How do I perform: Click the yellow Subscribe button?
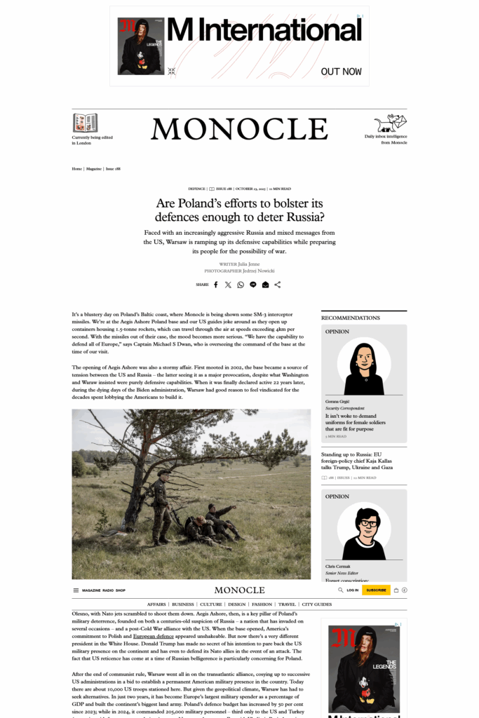pyautogui.click(x=376, y=590)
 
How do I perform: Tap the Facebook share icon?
pyautogui.click(x=216, y=285)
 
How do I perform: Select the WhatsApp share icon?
pyautogui.click(x=241, y=285)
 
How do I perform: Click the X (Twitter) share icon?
pyautogui.click(x=228, y=285)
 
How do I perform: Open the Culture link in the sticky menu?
pyautogui.click(x=210, y=604)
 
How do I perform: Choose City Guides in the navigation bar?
pyautogui.click(x=317, y=604)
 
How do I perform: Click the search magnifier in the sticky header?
pyautogui.click(x=341, y=590)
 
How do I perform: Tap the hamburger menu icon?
pyautogui.click(x=76, y=590)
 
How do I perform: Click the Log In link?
pyautogui.click(x=352, y=590)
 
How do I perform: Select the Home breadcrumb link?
pyautogui.click(x=76, y=168)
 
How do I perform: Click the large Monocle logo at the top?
pyautogui.click(x=239, y=129)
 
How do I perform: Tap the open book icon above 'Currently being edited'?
pyautogui.click(x=85, y=123)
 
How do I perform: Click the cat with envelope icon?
pyautogui.click(x=391, y=123)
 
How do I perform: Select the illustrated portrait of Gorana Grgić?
pyautogui.click(x=364, y=367)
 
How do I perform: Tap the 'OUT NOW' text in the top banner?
pyautogui.click(x=341, y=72)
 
